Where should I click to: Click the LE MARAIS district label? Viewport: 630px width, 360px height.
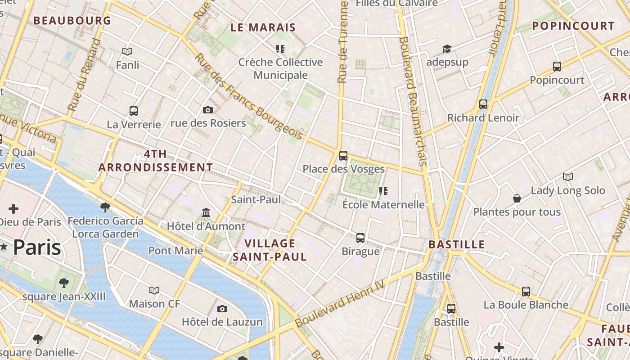(263, 27)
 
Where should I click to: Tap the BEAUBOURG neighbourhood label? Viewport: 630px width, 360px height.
(72, 21)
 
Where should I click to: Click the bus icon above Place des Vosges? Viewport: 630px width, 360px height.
(343, 156)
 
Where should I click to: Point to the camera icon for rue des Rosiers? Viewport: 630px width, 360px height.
(207, 110)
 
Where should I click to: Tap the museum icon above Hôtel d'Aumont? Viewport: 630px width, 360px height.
(206, 212)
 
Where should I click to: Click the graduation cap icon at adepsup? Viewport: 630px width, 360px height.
(447, 49)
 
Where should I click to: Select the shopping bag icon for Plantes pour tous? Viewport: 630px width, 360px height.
(517, 198)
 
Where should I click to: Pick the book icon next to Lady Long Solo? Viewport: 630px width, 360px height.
(568, 177)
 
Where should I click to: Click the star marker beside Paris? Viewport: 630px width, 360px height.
(4, 247)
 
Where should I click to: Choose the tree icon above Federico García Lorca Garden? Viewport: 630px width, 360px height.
(105, 207)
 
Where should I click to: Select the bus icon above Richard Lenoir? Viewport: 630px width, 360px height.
(483, 104)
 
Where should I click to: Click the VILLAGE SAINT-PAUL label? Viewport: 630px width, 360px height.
(270, 250)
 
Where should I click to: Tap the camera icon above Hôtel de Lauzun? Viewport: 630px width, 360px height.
(222, 309)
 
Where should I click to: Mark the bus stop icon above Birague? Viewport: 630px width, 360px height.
(360, 238)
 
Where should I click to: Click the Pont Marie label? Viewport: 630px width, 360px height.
(175, 251)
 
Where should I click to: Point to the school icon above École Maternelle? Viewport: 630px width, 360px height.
(383, 191)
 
